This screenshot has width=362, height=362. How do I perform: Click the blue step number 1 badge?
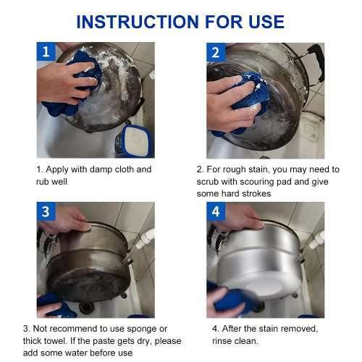[x=46, y=52]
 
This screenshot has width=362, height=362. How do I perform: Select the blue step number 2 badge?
[x=216, y=52]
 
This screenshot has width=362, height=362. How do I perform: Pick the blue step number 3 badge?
[x=46, y=212]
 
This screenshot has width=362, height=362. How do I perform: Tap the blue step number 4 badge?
[x=216, y=212]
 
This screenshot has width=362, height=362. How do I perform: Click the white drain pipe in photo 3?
[x=145, y=239]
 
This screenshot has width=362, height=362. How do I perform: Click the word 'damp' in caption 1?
[x=106, y=169]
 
